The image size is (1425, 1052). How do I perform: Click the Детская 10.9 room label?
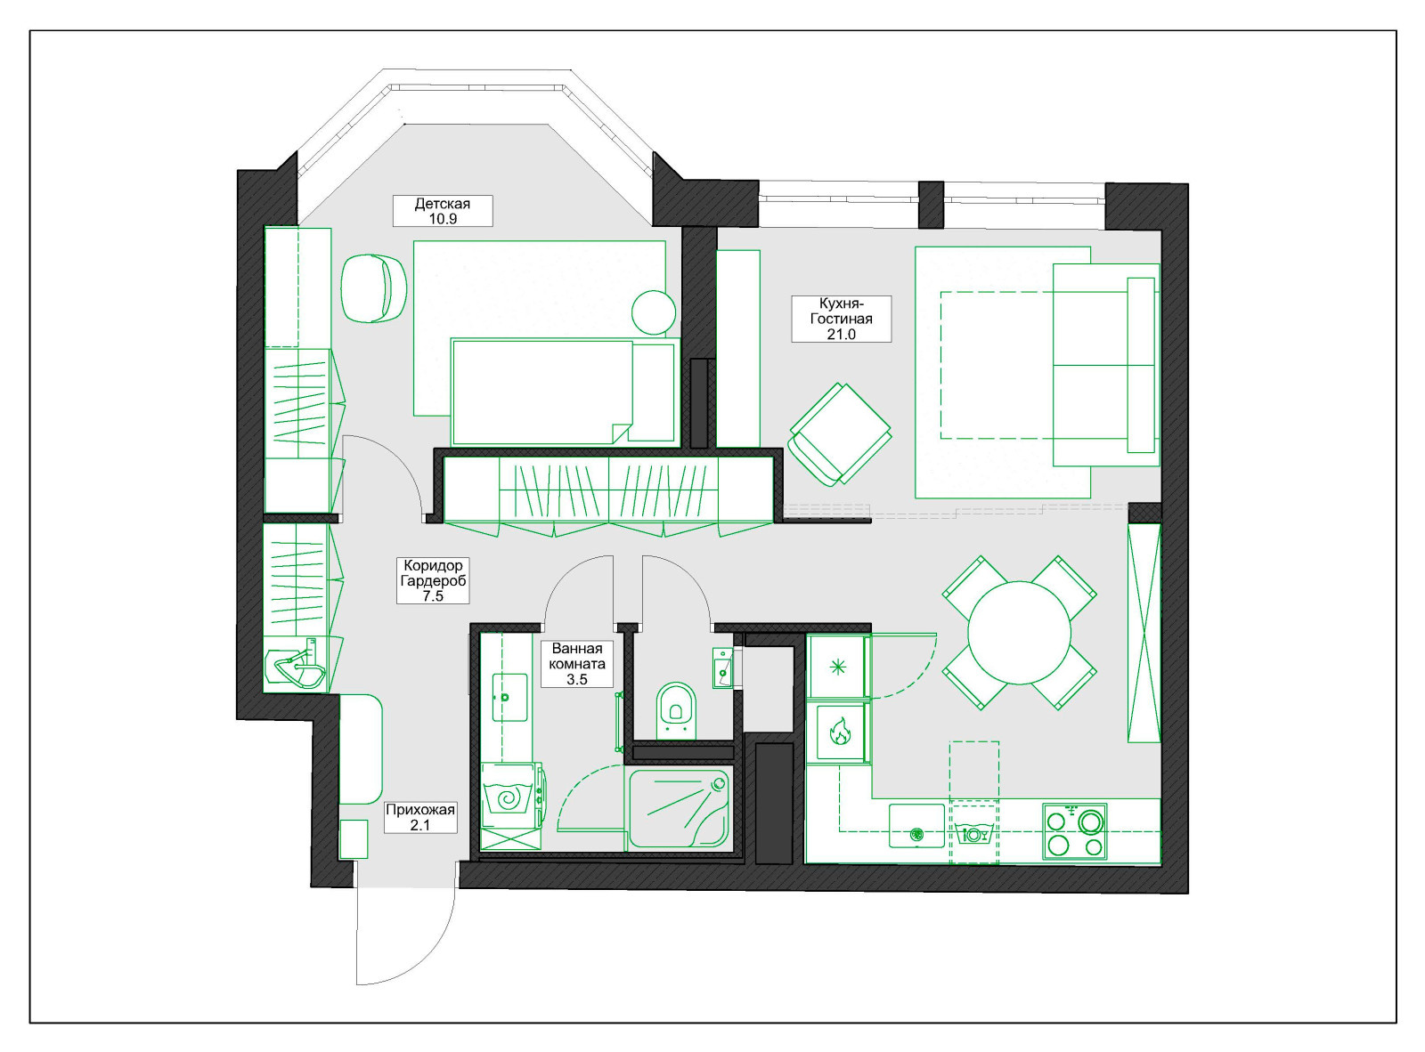[443, 211]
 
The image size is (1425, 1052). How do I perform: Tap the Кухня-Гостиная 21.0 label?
[841, 319]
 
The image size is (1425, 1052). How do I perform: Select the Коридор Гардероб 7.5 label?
[433, 580]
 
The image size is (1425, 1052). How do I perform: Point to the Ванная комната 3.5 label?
[577, 663]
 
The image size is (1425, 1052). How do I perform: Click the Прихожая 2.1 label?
[420, 817]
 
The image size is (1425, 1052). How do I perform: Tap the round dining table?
[1020, 633]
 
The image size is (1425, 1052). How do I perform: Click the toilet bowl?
[676, 710]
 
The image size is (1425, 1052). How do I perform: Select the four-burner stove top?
[1074, 831]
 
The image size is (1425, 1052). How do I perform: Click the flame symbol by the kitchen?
[839, 732]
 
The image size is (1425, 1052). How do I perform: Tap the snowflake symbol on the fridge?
[838, 668]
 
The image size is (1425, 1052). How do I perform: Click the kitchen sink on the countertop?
[916, 826]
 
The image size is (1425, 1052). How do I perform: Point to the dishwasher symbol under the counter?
[974, 834]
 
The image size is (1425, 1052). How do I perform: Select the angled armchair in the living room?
[841, 434]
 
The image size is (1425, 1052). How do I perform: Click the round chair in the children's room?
[373, 287]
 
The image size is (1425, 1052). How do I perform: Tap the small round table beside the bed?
[654, 312]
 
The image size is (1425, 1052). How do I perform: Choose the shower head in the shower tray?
[718, 783]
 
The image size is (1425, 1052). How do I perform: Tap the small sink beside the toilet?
[723, 668]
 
